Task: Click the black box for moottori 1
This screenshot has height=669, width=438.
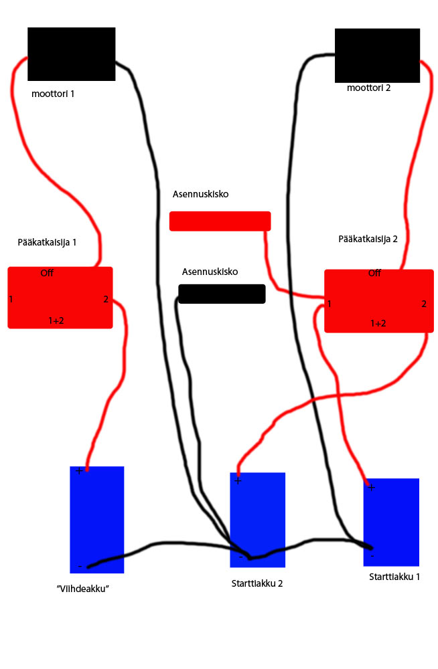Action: click(71, 54)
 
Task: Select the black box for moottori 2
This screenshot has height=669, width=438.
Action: click(377, 56)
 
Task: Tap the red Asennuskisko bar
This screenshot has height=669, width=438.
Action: click(220, 221)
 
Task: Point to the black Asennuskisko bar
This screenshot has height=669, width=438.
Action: click(222, 294)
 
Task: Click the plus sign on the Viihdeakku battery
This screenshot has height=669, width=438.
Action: click(79, 471)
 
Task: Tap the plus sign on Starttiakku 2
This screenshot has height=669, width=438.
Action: click(238, 480)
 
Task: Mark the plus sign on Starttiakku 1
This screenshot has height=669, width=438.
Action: click(371, 487)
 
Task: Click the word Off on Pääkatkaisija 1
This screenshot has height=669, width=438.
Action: click(47, 273)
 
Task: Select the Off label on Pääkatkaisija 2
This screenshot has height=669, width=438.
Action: click(374, 273)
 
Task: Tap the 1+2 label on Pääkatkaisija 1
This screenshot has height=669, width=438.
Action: click(56, 320)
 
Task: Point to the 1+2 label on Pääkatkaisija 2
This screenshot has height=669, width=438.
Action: click(378, 323)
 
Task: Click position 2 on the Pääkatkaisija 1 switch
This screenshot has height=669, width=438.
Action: click(106, 299)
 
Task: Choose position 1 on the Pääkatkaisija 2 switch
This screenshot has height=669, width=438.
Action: click(329, 304)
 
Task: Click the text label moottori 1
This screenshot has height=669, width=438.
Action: click(53, 94)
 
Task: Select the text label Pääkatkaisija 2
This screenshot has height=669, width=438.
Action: click(368, 237)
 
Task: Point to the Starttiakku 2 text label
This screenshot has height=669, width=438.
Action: click(257, 583)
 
